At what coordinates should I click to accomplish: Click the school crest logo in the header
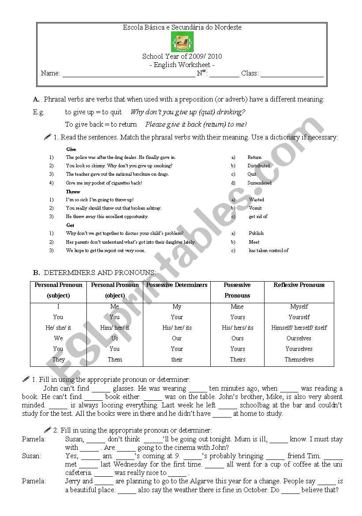pyautogui.click(x=182, y=42)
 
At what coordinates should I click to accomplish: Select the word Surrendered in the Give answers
pyautogui.click(x=259, y=183)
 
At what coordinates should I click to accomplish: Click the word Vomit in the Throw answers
pyautogui.click(x=255, y=208)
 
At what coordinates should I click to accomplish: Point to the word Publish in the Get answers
pyautogui.click(x=256, y=233)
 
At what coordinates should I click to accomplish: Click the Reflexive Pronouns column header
pyautogui.click(x=299, y=285)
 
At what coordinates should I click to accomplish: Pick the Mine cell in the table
pyautogui.click(x=237, y=306)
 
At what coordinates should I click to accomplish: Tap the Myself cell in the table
pyautogui.click(x=299, y=306)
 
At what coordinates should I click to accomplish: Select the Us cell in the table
pyautogui.click(x=115, y=338)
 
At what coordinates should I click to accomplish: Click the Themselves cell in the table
pyautogui.click(x=299, y=359)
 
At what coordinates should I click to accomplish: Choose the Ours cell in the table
pyautogui.click(x=237, y=338)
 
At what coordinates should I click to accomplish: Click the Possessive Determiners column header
pyautogui.click(x=177, y=285)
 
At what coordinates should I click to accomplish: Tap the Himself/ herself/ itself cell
pyautogui.click(x=299, y=328)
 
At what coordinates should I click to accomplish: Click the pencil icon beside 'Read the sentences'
pyautogui.click(x=48, y=137)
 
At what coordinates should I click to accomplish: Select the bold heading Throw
pyautogui.click(x=73, y=192)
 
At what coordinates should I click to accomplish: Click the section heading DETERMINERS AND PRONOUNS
pyautogui.click(x=100, y=273)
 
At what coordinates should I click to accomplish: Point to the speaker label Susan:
pyautogui.click(x=32, y=456)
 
